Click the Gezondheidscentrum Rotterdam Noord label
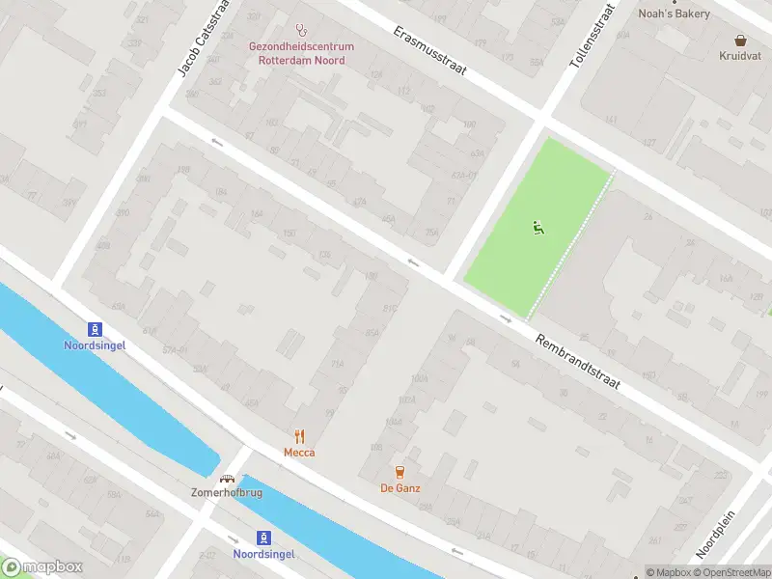pos(301,53)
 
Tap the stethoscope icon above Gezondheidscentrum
pos(301,30)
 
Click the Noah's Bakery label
pos(675,14)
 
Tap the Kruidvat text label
pos(740,56)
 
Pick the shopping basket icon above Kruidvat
pos(740,41)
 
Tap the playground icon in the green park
pos(538,229)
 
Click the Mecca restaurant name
pos(299,453)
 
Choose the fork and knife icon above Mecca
pos(299,436)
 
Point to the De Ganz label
pos(400,488)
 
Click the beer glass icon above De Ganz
pos(400,472)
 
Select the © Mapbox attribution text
pos(669,572)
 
